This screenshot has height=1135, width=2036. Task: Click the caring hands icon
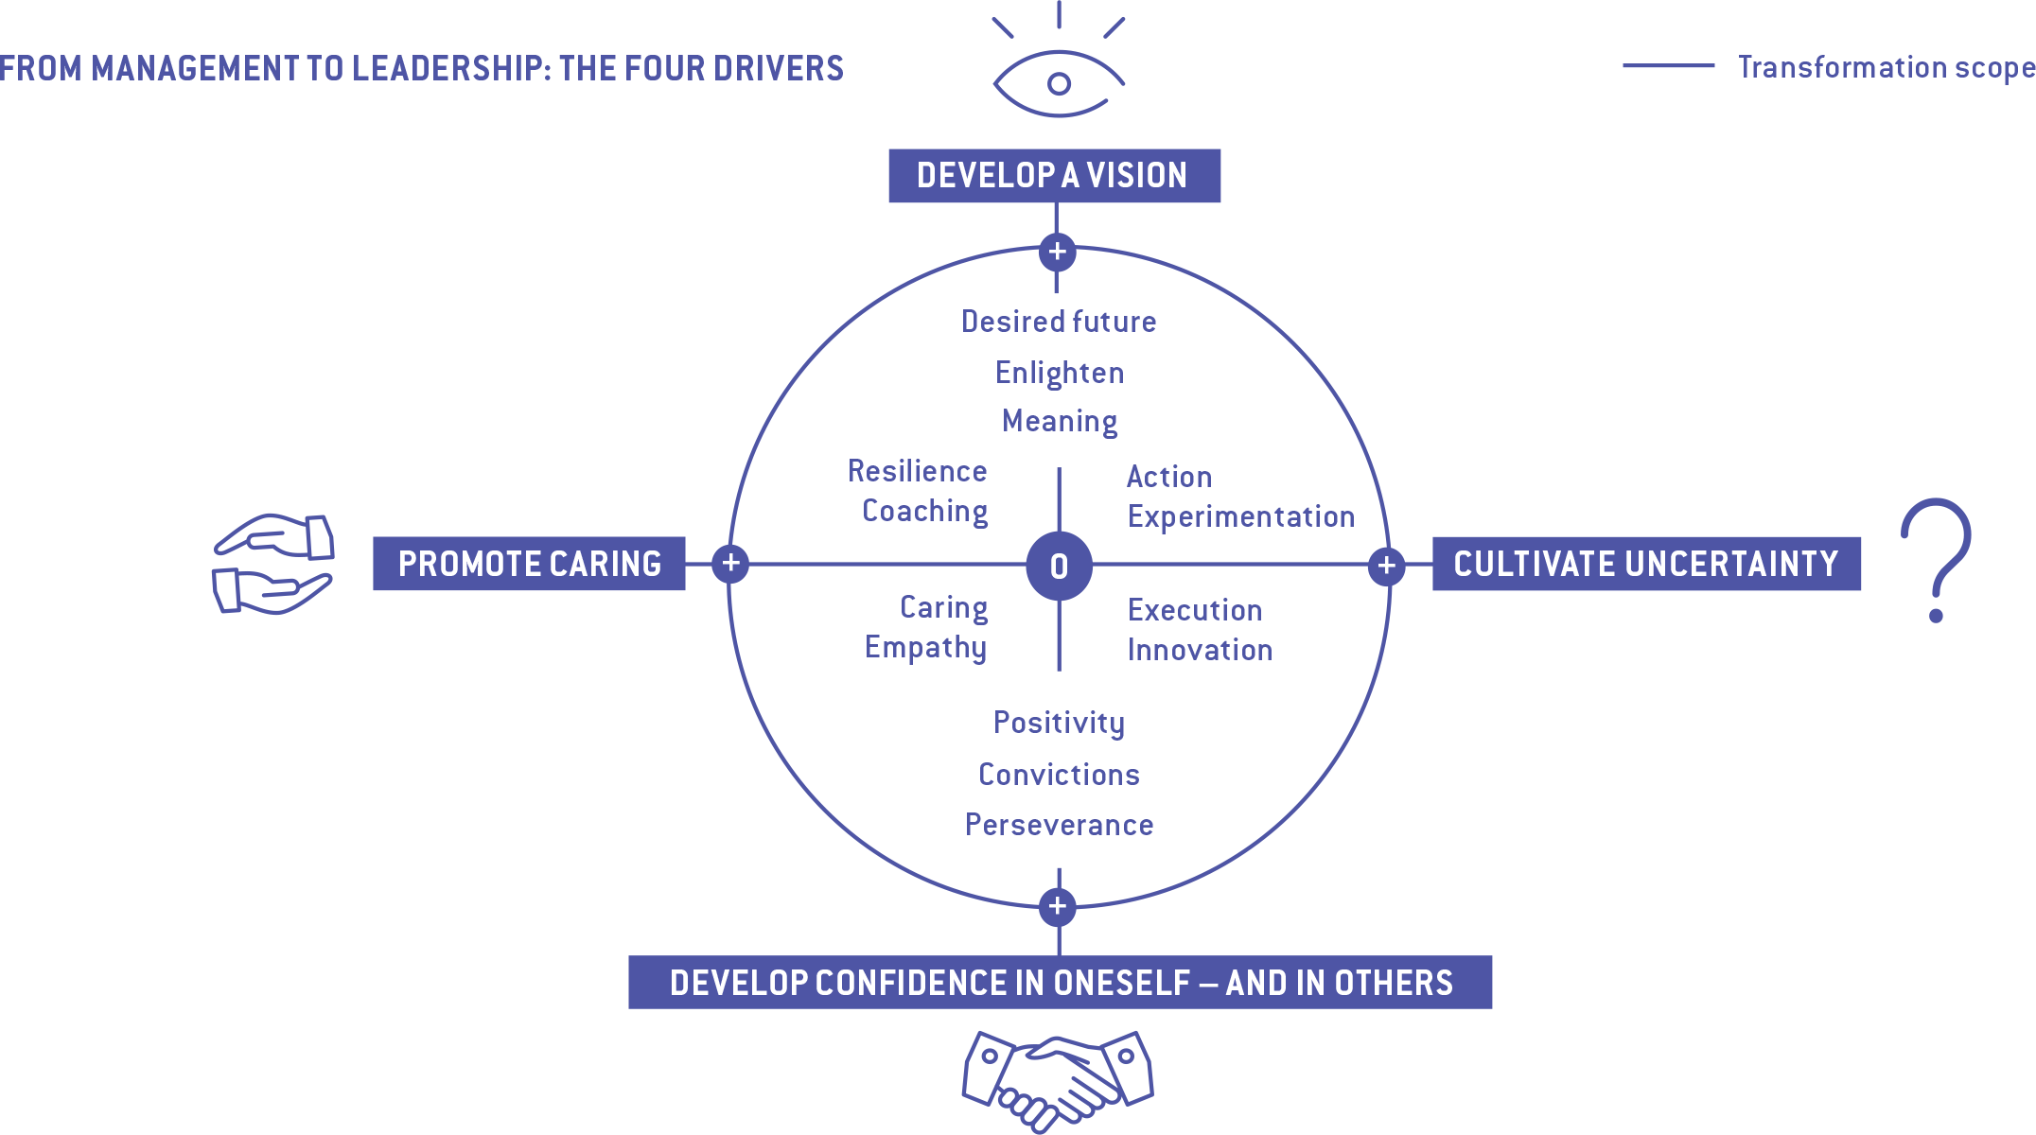[273, 564]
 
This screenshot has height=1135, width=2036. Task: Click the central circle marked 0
[1059, 566]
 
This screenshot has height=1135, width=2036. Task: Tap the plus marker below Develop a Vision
[1058, 252]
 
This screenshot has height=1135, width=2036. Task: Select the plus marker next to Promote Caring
[730, 564]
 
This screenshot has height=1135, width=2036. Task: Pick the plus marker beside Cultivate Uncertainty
[1386, 566]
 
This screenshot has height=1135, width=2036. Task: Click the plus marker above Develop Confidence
[1058, 906]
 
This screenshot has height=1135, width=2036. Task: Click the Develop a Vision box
[1054, 176]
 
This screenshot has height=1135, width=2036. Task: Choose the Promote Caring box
[529, 564]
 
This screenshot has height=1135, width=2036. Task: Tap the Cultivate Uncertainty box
[1646, 564]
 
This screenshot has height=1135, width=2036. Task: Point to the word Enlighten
[1060, 373]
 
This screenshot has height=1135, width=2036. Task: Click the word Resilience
[917, 471]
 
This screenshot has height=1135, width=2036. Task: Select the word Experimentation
[1241, 516]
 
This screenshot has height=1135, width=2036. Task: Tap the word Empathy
[925, 648]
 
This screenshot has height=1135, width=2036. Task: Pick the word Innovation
[1200, 650]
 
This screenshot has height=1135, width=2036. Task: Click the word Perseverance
[1059, 825]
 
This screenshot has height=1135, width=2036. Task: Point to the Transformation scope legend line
[1668, 66]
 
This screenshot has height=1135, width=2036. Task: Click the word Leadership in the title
[448, 68]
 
